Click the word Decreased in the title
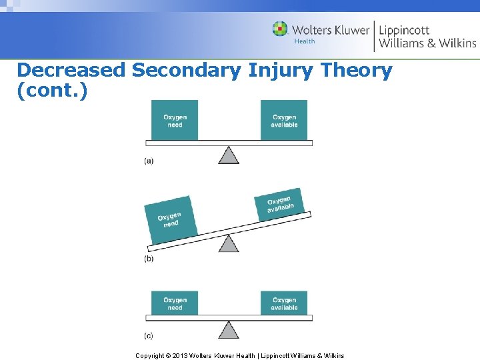pos(71,70)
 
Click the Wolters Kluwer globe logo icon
pos(281,29)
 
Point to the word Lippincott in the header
pos(404,30)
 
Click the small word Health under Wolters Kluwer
pos(305,41)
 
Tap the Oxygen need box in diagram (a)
pos(175,121)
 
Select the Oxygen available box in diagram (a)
pos(284,121)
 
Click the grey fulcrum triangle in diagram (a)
pos(229,155)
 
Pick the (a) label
pos(149,161)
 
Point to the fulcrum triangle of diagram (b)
pos(229,243)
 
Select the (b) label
pos(149,259)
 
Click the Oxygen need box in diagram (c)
pos(175,303)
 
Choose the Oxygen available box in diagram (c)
pos(284,303)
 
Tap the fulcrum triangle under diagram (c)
pos(229,330)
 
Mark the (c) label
pos(149,335)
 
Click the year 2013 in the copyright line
pos(179,355)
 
